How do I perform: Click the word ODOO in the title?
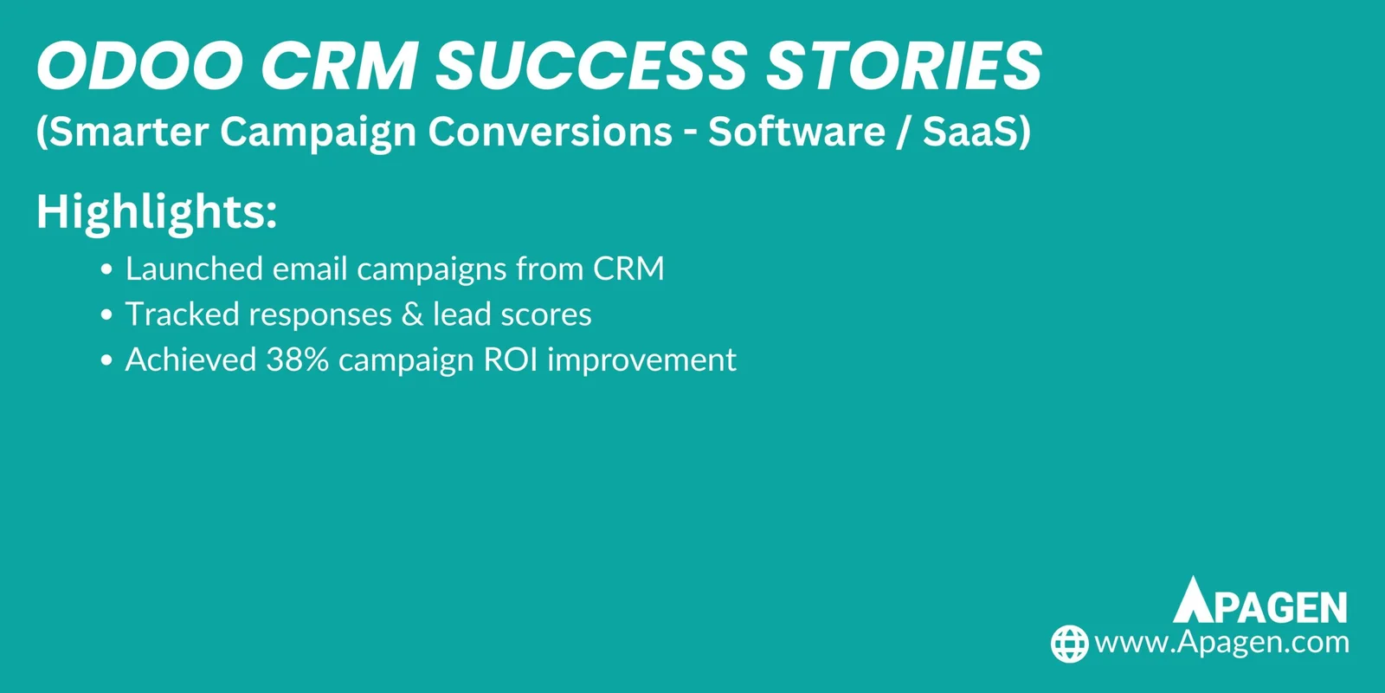(139, 67)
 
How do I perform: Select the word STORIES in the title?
(905, 67)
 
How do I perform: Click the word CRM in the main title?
(339, 67)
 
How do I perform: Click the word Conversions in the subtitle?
(550, 133)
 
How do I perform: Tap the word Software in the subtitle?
(796, 133)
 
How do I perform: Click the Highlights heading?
(157, 211)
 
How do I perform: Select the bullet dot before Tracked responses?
(106, 315)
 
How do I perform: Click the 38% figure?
(297, 360)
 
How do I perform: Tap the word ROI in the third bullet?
(511, 360)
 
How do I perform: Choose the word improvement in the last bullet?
(641, 360)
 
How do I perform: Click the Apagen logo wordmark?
(1260, 601)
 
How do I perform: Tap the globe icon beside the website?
(1069, 644)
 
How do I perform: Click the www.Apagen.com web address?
(1221, 643)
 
